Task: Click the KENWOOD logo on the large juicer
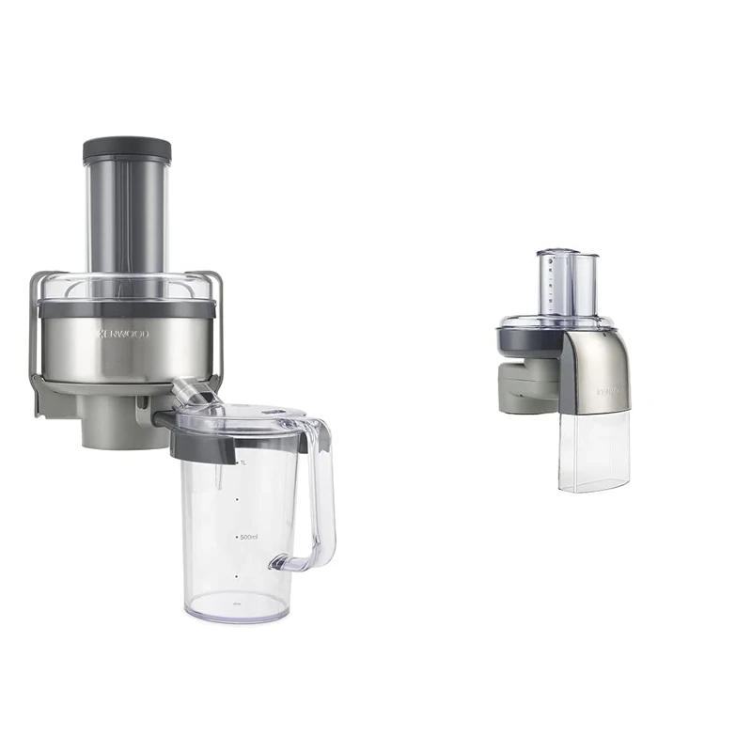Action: [x=124, y=334]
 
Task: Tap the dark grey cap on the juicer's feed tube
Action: [x=127, y=150]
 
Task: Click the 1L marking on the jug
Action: [x=243, y=463]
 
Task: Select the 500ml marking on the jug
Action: [x=248, y=537]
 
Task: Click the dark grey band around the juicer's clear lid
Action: [x=127, y=307]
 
